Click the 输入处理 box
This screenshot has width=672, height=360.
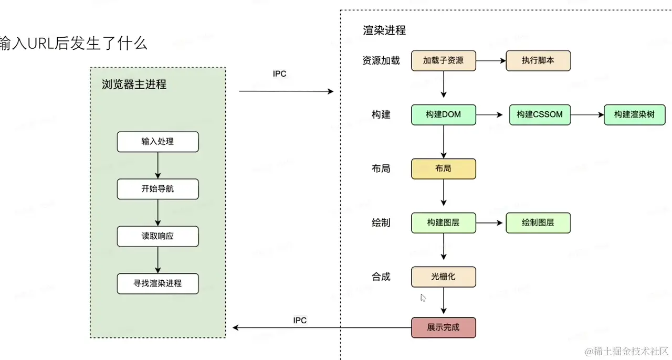tap(157, 142)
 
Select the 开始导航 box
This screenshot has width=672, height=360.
tap(157, 189)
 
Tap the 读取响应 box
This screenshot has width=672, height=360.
tap(157, 236)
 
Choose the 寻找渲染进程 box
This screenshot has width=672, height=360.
tap(157, 283)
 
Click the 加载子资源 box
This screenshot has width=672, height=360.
tap(443, 60)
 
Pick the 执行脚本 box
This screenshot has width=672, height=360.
tap(538, 60)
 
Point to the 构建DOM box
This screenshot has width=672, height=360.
tap(443, 114)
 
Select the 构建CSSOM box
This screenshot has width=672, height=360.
tap(540, 114)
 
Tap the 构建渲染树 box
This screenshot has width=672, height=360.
tap(635, 114)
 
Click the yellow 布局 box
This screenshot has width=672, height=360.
tap(443, 169)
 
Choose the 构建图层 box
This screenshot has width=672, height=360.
tap(443, 223)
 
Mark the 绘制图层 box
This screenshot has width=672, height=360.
tap(538, 223)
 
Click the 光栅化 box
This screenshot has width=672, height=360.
tap(443, 277)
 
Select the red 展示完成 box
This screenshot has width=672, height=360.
tap(443, 327)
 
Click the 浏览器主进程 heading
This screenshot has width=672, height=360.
tap(134, 84)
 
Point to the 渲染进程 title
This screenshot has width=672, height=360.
tap(384, 30)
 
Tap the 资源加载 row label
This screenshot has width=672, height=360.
tap(381, 60)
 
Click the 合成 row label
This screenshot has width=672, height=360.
tap(381, 277)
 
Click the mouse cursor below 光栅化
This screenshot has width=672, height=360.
tap(423, 298)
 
